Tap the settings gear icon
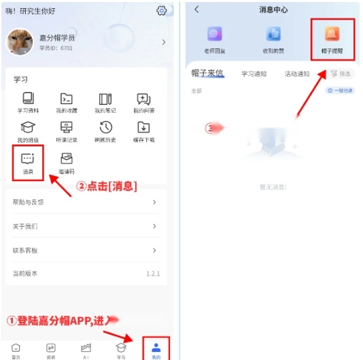point(161,10)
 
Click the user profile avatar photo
point(20,42)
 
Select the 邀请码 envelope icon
point(67,159)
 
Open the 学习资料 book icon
point(28,99)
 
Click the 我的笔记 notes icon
point(105,99)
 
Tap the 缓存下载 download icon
point(143,127)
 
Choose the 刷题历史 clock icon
point(105,127)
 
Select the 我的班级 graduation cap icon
point(28,127)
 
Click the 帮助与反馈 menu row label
point(28,202)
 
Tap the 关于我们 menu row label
point(25,226)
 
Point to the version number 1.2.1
point(153,274)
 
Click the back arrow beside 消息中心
point(196,10)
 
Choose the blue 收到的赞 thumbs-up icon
point(273,34)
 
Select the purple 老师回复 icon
point(215,34)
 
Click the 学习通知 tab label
point(254,73)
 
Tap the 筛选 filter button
point(341,73)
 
